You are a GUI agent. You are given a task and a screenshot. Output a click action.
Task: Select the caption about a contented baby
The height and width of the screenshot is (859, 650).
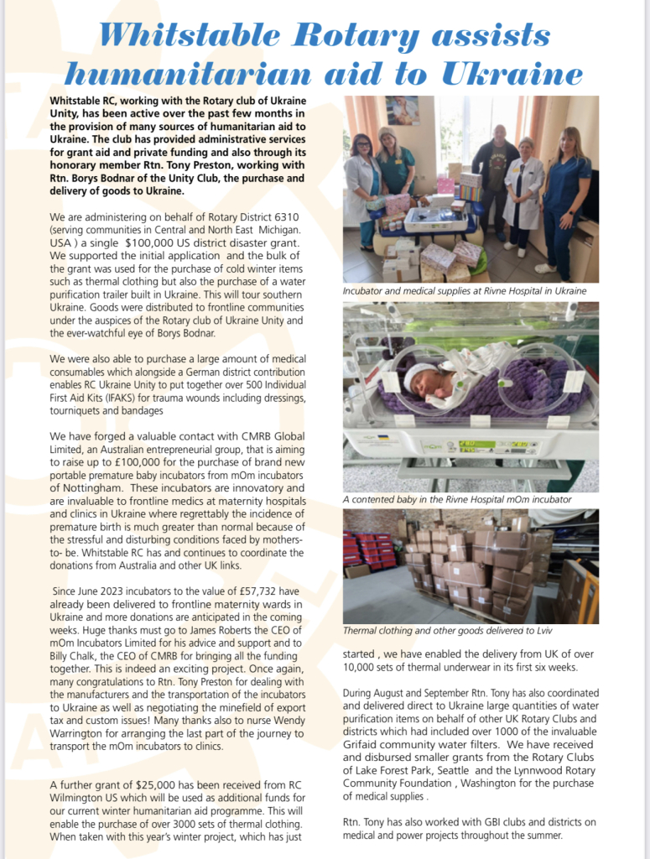click(457, 499)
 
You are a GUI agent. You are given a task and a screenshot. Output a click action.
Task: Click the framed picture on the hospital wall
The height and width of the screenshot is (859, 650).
click(403, 110)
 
